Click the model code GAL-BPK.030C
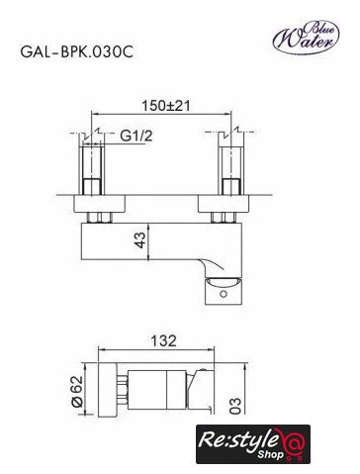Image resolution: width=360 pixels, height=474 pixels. [x=77, y=51]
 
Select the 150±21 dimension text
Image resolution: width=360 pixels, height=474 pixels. [x=166, y=106]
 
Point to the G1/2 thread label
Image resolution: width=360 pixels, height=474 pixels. [x=136, y=136]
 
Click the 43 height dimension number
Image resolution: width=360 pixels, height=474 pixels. [x=139, y=240]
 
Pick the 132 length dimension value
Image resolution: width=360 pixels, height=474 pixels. [x=163, y=340]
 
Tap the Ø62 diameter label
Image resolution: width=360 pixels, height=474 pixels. [x=77, y=391]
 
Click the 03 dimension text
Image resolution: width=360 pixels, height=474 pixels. [x=235, y=406]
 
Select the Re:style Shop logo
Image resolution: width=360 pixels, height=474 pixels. [x=253, y=444]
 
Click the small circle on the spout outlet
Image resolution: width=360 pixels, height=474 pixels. [x=224, y=293]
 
